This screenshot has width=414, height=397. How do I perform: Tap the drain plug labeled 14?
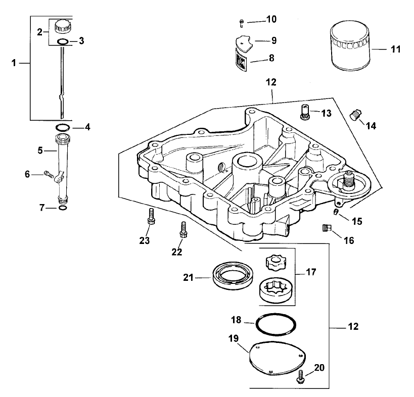click(x=356, y=115)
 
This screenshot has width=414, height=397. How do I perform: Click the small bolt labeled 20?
click(x=301, y=375)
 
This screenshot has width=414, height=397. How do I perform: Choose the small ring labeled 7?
click(x=62, y=208)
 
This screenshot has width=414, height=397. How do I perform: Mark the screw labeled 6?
click(x=49, y=175)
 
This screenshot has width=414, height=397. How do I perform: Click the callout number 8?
click(x=271, y=58)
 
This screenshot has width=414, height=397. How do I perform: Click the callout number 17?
click(x=311, y=272)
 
